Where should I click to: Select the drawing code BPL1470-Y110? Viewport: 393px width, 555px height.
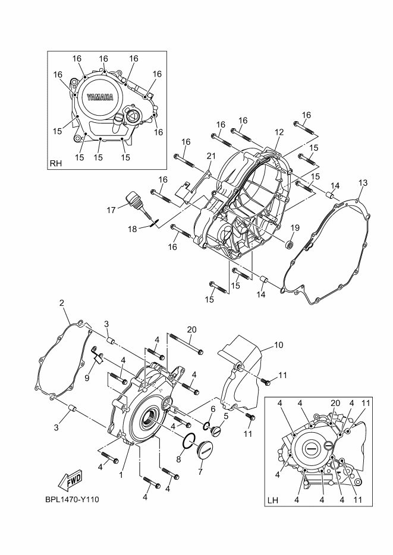tap(72, 499)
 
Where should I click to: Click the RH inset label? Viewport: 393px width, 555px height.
tap(56, 163)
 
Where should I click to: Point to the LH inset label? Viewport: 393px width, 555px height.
tap(272, 500)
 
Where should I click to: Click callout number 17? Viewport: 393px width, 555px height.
tap(111, 210)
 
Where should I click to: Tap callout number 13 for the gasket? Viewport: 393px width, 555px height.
tap(363, 183)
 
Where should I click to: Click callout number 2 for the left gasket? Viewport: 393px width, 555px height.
tap(62, 303)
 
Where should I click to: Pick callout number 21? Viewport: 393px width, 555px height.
tap(211, 156)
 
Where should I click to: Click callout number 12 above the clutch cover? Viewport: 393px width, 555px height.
tap(279, 132)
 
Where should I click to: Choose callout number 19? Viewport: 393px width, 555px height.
tap(295, 227)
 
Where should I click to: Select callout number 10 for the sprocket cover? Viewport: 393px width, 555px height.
tap(279, 344)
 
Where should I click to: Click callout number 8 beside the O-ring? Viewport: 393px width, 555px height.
tap(178, 459)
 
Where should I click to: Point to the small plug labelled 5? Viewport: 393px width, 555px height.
tap(216, 431)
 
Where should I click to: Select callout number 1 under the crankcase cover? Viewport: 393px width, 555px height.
tap(121, 475)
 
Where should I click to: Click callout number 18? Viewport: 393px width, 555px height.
tap(132, 229)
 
